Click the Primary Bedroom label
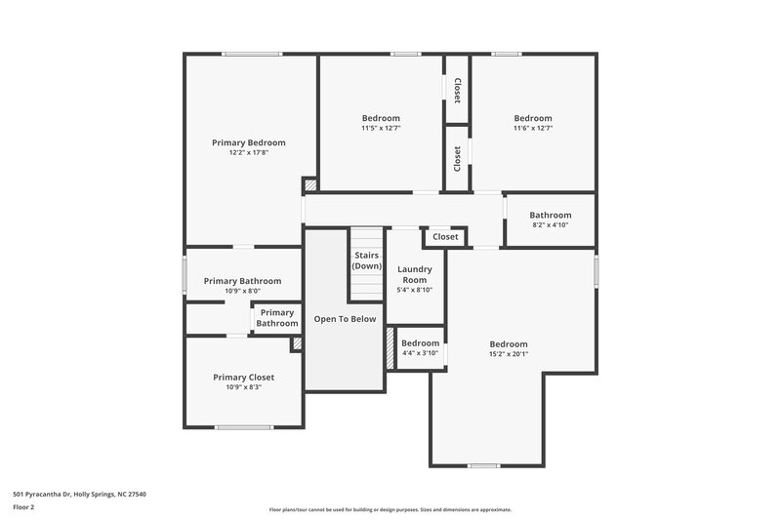tap(249, 142)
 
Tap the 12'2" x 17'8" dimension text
tap(249, 153)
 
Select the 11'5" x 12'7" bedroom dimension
tap(381, 128)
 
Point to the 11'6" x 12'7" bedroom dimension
tap(533, 128)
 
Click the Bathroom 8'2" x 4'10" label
tap(551, 216)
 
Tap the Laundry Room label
tap(415, 274)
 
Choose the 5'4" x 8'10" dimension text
tap(415, 290)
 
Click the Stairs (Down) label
tap(367, 260)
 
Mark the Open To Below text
tap(345, 319)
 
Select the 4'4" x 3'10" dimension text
tap(420, 353)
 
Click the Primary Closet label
tap(244, 377)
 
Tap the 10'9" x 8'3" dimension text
tap(244, 387)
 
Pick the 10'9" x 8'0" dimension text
tap(242, 291)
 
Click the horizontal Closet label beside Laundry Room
tap(445, 236)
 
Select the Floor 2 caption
tap(24, 507)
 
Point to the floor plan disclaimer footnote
tap(390, 509)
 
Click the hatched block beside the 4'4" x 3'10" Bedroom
tap(390, 348)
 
